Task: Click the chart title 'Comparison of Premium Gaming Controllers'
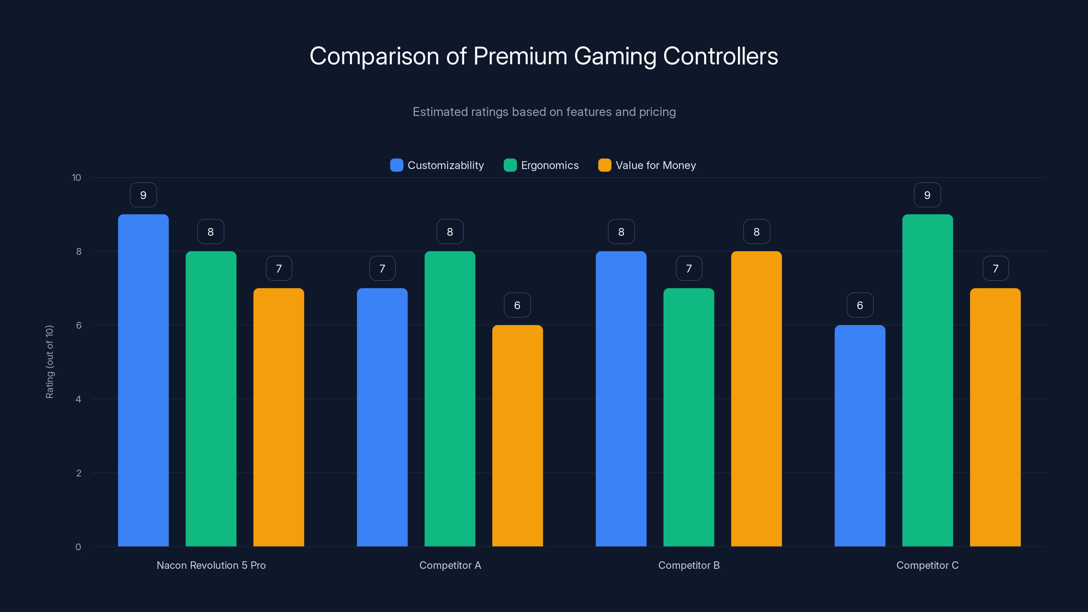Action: tap(544, 56)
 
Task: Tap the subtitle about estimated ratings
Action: tap(544, 112)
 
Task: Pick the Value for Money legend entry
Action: tap(647, 165)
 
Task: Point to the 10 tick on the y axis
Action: tap(76, 178)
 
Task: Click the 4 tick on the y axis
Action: tap(78, 399)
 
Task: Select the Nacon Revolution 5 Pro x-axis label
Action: tap(211, 565)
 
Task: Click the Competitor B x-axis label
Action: tap(689, 565)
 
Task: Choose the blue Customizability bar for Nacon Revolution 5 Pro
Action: tap(143, 380)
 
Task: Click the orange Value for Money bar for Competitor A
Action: tap(517, 435)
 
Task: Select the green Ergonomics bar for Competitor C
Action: tap(928, 380)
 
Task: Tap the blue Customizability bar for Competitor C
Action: tap(860, 435)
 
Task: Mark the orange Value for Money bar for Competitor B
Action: tap(756, 399)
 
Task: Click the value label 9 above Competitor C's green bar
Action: tap(927, 195)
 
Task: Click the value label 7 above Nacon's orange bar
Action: tap(279, 269)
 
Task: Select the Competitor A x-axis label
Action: tap(450, 565)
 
